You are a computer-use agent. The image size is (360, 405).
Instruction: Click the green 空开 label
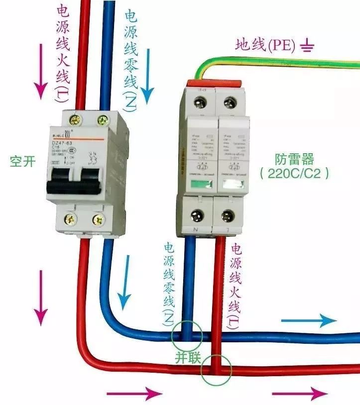22,161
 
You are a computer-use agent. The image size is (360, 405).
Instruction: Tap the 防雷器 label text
294,159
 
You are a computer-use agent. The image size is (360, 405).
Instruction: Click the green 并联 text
185,357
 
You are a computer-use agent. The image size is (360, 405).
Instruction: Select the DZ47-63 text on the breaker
65,143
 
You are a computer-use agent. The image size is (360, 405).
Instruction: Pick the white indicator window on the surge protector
232,185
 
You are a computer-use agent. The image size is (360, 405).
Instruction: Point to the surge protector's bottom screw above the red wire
228,215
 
